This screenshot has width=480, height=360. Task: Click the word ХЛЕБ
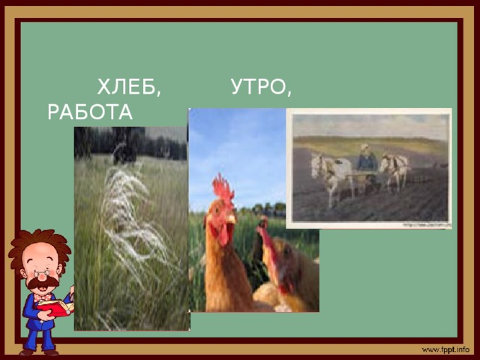(x=129, y=88)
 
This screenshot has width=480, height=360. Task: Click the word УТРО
(x=261, y=88)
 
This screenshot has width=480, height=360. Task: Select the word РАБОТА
(x=89, y=112)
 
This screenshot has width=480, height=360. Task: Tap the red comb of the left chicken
(x=223, y=187)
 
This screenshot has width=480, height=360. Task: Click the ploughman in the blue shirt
(x=366, y=160)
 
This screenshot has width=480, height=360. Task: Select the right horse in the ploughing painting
(x=394, y=169)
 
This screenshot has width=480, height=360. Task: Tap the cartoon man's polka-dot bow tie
(x=43, y=297)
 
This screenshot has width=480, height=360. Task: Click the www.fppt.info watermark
(x=445, y=350)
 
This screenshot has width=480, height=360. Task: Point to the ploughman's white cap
(x=364, y=147)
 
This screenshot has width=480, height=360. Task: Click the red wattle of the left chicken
(x=223, y=234)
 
